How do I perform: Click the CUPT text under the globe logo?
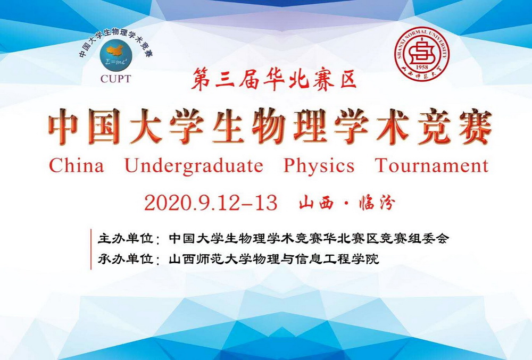115,79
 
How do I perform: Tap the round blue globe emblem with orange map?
115,55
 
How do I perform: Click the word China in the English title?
77,166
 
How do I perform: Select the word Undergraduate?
194,166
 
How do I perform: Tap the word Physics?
319,166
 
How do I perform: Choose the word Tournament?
432,166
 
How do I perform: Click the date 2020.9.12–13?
211,203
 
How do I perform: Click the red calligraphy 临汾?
377,203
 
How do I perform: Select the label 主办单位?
125,239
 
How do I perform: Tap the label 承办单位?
125,259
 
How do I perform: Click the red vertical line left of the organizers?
91,249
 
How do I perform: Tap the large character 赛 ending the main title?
474,127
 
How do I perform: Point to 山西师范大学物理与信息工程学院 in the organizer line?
274,259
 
